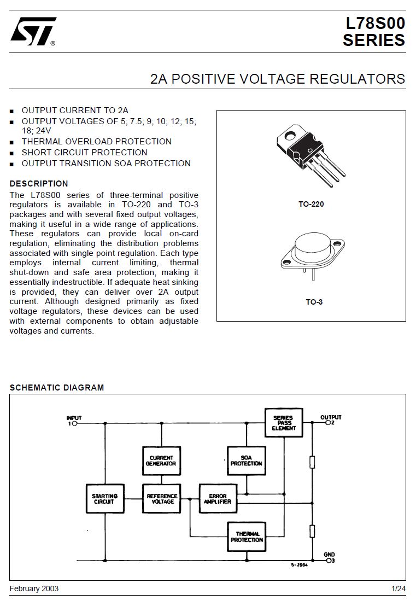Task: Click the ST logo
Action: (33, 31)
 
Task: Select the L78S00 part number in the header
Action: (375, 23)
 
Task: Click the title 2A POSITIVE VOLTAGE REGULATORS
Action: (277, 79)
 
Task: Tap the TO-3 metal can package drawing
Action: (313, 255)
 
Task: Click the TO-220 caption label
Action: (311, 204)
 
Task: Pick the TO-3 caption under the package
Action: (314, 302)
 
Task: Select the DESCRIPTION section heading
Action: (39, 184)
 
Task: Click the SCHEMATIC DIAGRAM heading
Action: (57, 388)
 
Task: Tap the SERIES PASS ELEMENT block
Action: (284, 423)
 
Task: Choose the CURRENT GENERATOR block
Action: (161, 461)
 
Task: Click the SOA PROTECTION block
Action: (247, 461)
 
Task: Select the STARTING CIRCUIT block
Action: (104, 499)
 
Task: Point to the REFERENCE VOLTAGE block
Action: (161, 499)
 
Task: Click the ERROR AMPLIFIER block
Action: (218, 499)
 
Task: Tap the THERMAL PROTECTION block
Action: (247, 537)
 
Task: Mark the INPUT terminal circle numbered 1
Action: (74, 423)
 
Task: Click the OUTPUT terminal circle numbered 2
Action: (329, 423)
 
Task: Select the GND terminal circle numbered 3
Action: (329, 560)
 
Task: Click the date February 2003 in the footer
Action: (34, 588)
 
